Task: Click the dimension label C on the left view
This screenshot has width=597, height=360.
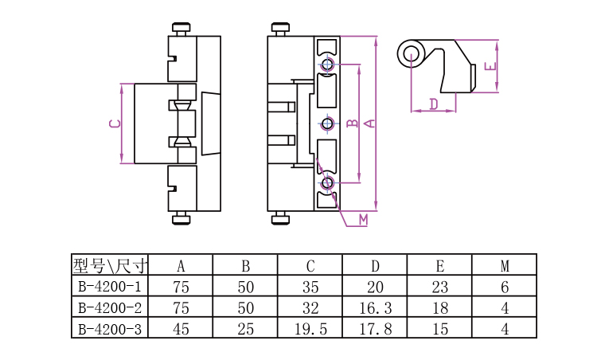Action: (x=115, y=123)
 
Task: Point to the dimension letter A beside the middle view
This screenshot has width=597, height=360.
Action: (x=369, y=123)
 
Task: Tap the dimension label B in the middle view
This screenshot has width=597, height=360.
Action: (x=353, y=123)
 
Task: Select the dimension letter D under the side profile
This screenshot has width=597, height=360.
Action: (x=434, y=104)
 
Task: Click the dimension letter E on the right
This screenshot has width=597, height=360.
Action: (x=490, y=66)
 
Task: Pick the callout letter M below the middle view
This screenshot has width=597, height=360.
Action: (x=364, y=220)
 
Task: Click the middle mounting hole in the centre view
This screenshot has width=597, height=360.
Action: (x=327, y=123)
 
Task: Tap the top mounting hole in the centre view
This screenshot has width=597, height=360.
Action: (x=327, y=65)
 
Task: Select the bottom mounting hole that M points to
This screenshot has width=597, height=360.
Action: (x=327, y=183)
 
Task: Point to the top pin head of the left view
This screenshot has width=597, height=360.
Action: (x=181, y=27)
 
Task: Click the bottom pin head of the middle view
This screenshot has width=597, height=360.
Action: (x=281, y=220)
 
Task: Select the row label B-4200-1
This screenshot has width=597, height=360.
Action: (x=110, y=287)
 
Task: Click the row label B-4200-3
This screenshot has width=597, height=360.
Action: (x=110, y=329)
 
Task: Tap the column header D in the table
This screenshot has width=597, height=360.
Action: (x=375, y=266)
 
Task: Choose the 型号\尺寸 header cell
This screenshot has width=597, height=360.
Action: (x=110, y=265)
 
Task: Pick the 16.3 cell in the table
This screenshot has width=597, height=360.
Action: (x=376, y=307)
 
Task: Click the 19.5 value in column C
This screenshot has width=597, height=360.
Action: (x=310, y=329)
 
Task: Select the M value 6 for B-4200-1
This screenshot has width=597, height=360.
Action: (x=505, y=287)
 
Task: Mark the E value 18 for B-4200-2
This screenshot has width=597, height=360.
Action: (x=440, y=307)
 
